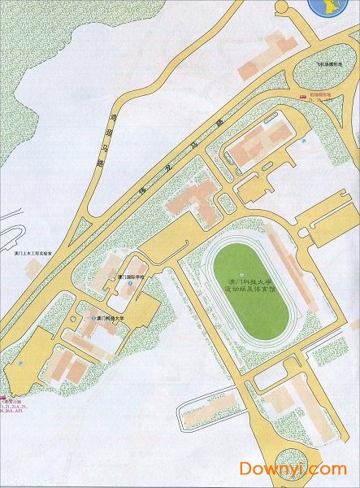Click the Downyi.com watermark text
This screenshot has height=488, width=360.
click(292, 468)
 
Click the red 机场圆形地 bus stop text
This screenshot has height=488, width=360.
click(319, 94)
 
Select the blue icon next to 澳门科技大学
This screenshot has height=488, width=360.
click(93, 319)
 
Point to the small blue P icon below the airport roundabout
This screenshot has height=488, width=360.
click(299, 139)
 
